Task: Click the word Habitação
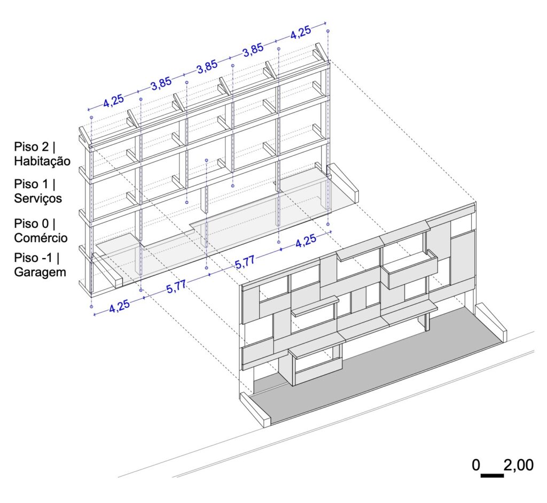point(42,161)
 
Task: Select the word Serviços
point(38,198)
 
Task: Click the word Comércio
point(41,238)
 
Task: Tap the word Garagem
point(40,272)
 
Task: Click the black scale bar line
point(492,475)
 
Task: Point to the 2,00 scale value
point(518,465)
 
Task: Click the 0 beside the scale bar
point(476,465)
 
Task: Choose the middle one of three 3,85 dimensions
point(207,67)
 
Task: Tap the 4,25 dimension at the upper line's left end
point(113,100)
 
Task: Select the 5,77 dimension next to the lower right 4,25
point(245,262)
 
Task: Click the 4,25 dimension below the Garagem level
point(119,305)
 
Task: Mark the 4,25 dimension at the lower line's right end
point(306,241)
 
